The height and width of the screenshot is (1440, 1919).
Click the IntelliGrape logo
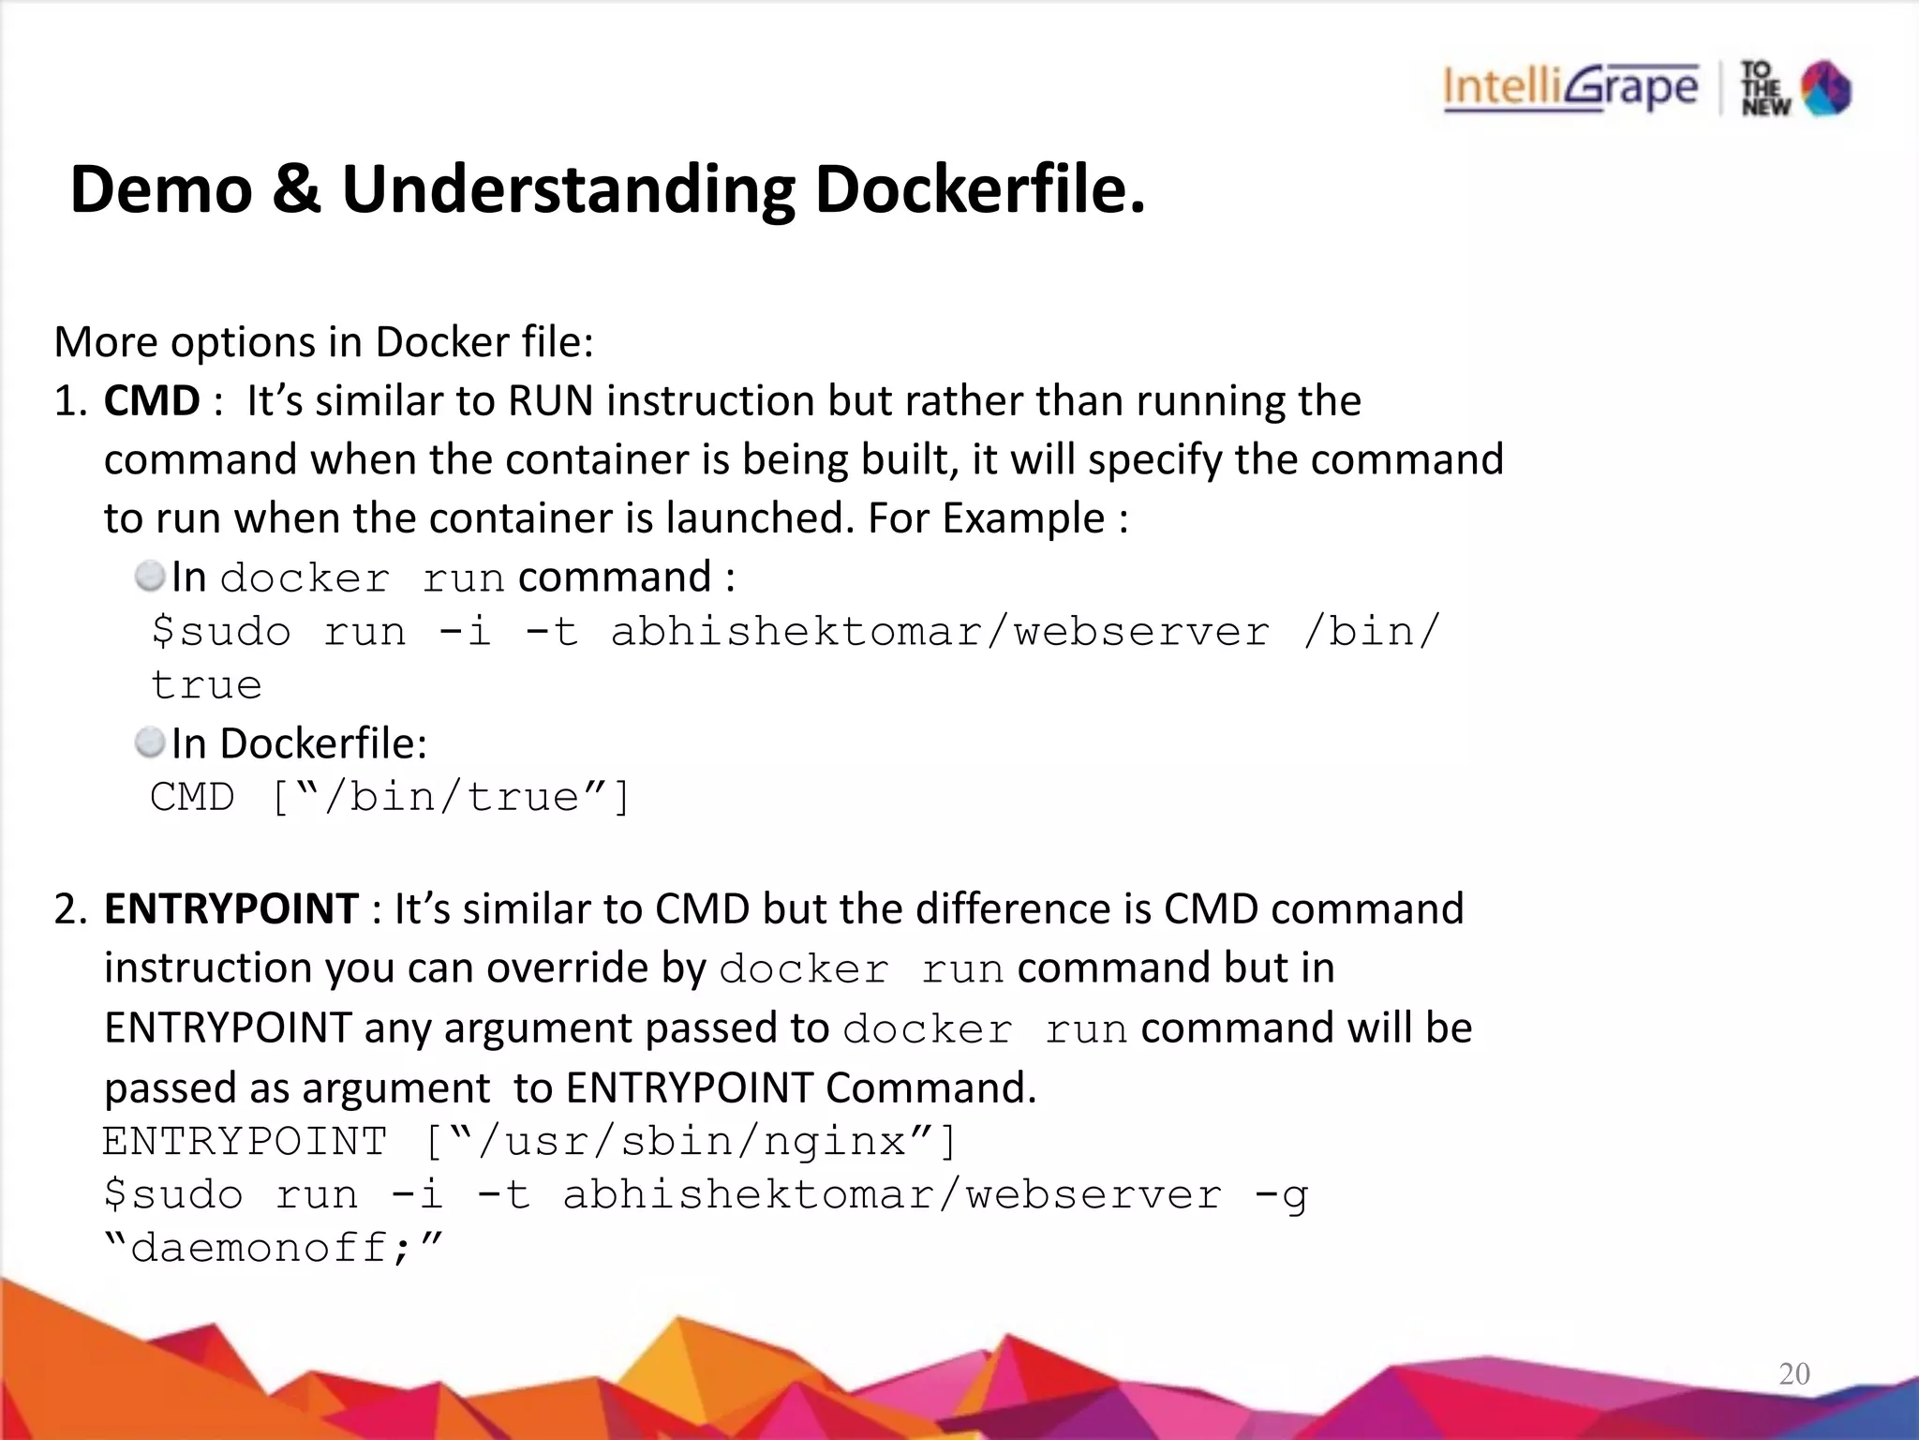click(1570, 88)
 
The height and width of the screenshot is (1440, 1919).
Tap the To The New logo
click(1795, 88)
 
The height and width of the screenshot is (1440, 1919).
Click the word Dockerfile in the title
click(978, 190)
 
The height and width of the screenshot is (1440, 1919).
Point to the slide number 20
click(1793, 1373)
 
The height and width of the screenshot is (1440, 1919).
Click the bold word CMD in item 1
click(151, 401)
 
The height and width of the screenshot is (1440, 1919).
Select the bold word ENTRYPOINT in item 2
click(231, 908)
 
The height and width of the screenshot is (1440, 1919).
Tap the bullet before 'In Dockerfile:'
click(149, 742)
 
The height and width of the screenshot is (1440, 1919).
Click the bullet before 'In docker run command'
click(149, 577)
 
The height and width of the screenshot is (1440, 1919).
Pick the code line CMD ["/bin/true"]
click(391, 798)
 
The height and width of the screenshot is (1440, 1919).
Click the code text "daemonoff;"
click(273, 1248)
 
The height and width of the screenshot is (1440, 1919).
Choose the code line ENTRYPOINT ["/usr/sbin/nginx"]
click(529, 1142)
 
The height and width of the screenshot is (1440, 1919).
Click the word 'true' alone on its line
click(206, 685)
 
